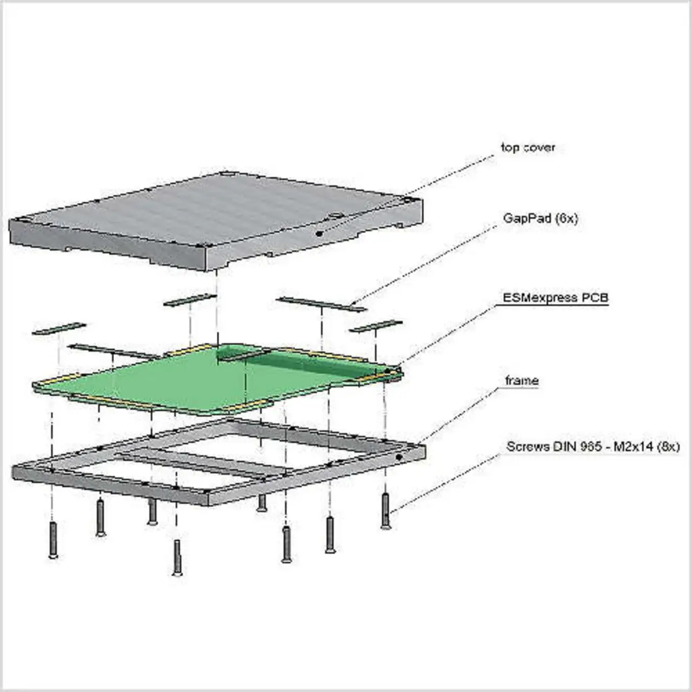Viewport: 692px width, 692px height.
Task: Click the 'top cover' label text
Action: point(527,147)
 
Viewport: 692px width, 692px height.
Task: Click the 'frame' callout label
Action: point(522,381)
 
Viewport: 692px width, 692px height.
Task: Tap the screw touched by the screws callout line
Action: point(385,511)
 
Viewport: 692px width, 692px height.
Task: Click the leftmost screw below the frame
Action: point(53,539)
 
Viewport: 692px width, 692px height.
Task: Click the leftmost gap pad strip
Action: point(59,328)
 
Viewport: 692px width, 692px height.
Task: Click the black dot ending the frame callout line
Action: point(399,457)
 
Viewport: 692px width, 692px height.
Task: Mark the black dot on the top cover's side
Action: point(320,234)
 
